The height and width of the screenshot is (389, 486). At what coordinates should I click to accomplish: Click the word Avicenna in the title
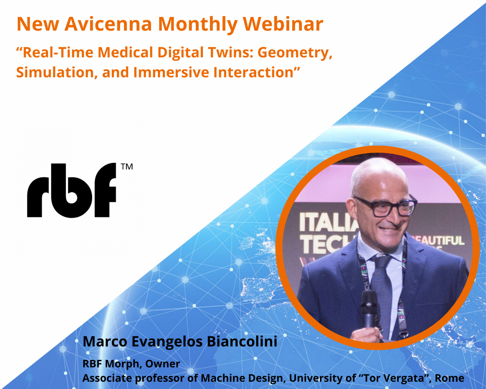tap(108, 24)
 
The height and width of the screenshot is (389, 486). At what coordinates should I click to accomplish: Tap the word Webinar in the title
tap(283, 24)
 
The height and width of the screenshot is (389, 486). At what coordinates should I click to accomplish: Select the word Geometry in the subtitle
tap(295, 53)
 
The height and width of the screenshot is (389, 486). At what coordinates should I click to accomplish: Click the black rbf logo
tap(72, 190)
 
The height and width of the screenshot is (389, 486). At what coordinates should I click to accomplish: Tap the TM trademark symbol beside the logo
tap(127, 167)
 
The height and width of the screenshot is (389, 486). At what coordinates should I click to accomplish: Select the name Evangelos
tap(167, 342)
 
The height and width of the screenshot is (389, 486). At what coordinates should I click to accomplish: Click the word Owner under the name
tap(163, 364)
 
